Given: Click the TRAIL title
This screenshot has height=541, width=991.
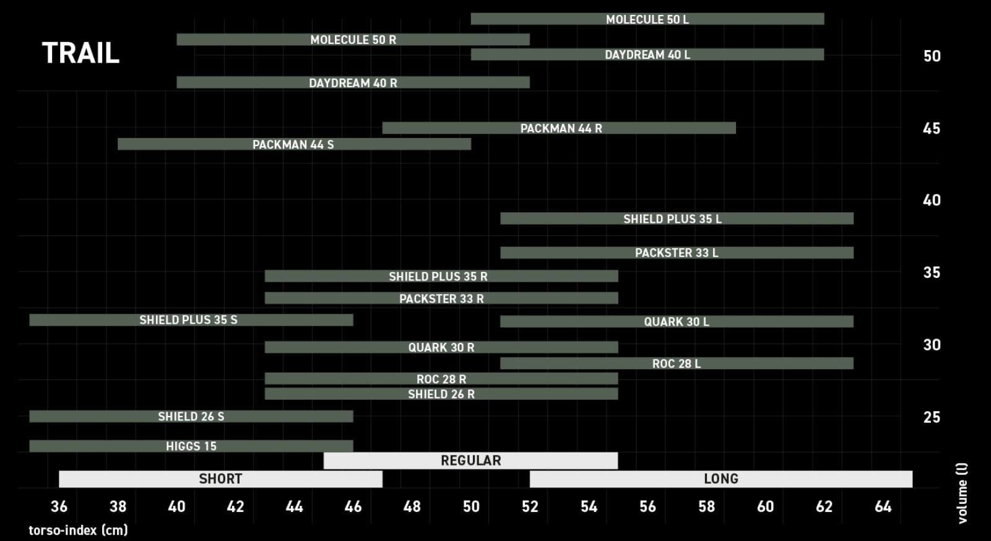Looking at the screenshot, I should (x=80, y=53).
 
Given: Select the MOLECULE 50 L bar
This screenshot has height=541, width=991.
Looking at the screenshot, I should (x=647, y=19).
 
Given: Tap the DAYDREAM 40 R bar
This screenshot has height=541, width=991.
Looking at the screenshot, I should (x=353, y=82).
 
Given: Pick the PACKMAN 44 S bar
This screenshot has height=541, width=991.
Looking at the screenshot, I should (x=293, y=144).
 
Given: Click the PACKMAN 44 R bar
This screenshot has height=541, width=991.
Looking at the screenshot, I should (x=559, y=128).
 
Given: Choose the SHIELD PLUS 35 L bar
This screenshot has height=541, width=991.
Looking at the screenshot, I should (x=676, y=219).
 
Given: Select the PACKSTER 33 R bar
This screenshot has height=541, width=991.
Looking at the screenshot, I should (x=441, y=298).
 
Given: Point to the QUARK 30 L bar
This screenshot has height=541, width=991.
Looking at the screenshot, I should (x=676, y=322).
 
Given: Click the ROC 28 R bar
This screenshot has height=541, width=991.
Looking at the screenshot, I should (x=441, y=379).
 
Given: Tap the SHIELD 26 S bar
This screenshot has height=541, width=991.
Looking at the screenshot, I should (x=191, y=417).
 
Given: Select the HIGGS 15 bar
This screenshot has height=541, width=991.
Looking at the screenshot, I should (x=191, y=446).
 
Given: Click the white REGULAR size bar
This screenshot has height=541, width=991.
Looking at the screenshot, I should (x=470, y=461).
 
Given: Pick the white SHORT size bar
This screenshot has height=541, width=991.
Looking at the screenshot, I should (x=220, y=479).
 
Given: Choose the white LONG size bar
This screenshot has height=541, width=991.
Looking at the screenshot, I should (x=721, y=479).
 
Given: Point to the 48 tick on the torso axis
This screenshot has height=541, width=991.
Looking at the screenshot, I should (x=412, y=507).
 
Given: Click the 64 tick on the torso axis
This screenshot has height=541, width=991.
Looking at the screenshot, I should (x=883, y=507).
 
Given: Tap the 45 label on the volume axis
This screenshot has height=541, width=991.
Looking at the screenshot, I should (x=931, y=129).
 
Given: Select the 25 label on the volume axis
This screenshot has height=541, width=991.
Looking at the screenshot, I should (x=931, y=418).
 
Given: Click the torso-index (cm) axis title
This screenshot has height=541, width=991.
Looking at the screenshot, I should (x=78, y=530).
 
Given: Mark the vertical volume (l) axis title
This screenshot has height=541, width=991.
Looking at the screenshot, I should (x=962, y=493).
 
